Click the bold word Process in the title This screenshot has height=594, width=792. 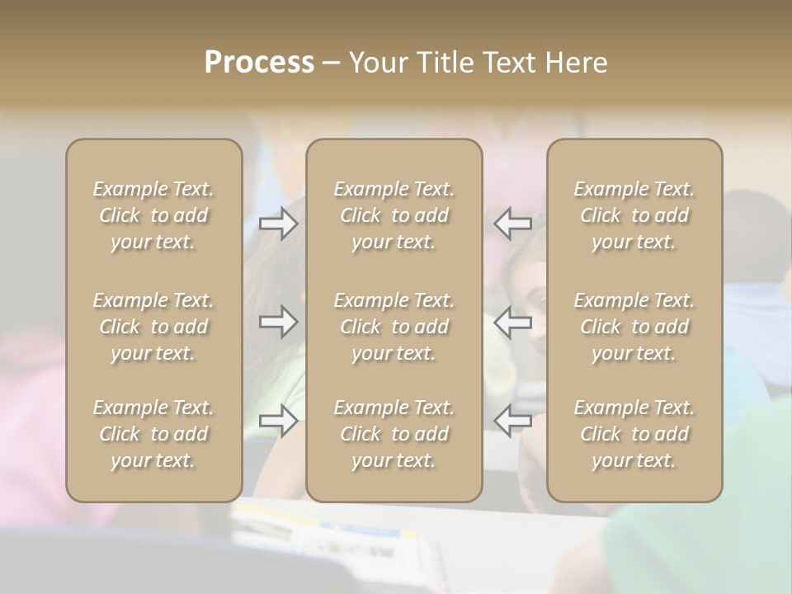[259, 62]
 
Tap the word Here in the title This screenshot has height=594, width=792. [577, 62]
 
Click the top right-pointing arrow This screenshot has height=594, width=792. [278, 224]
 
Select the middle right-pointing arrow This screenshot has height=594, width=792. [278, 322]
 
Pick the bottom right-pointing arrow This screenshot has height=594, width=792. [278, 420]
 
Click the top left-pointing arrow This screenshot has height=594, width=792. [513, 224]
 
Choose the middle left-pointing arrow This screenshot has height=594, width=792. [513, 322]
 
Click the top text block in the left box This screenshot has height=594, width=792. [153, 215]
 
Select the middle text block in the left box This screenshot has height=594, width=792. [153, 327]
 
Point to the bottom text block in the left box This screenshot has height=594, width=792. [153, 434]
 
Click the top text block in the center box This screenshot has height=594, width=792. [394, 215]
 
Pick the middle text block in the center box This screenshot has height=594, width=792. [394, 327]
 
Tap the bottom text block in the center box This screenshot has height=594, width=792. [394, 434]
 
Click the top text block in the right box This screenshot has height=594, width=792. [634, 215]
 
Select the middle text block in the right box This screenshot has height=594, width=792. [634, 327]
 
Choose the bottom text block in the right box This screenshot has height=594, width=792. [634, 434]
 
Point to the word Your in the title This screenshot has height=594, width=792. [376, 62]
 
